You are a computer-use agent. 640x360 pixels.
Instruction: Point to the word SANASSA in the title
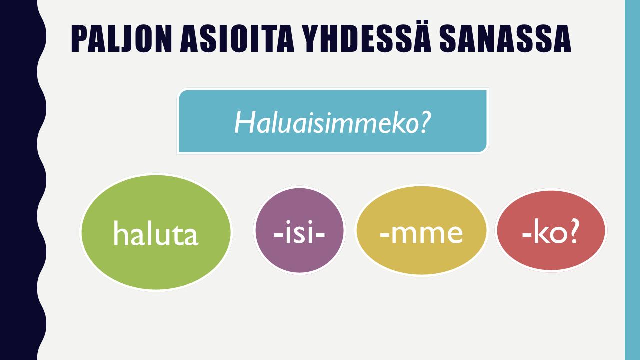pos(505,38)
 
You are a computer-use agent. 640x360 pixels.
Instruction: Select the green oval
pos(156,260)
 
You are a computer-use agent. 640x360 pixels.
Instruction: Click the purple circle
pos(299,255)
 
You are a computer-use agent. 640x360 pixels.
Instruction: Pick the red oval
pos(550,255)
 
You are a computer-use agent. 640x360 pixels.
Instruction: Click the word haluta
pos(156,233)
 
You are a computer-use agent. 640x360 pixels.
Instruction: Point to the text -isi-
pos(299,233)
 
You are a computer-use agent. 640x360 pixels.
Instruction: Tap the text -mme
pos(421,233)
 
